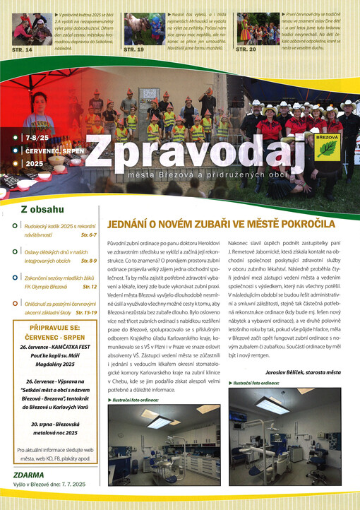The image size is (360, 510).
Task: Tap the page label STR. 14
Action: coord(23,50)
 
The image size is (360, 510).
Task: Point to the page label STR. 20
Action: coord(246,49)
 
